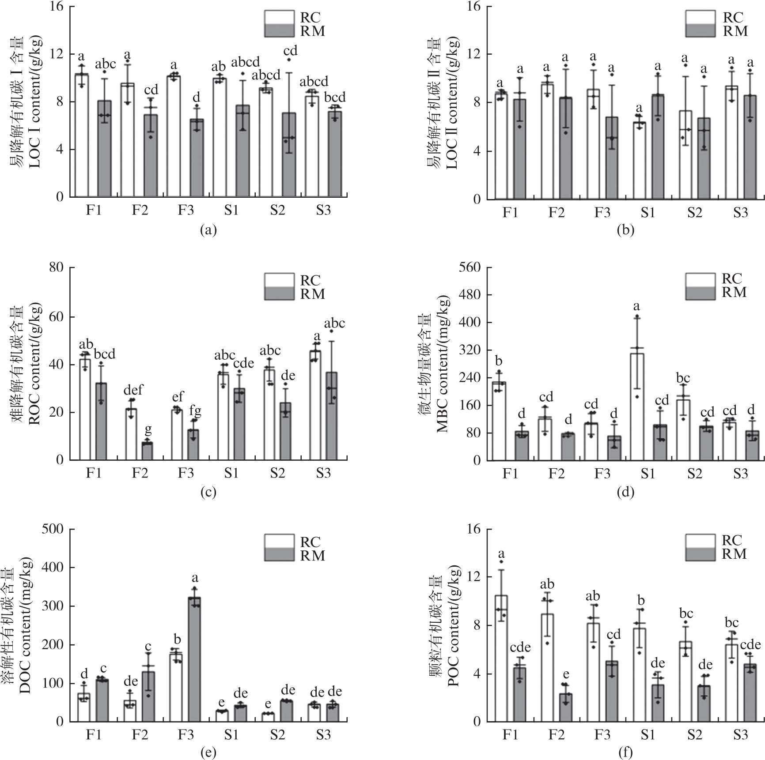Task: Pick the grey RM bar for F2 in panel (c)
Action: click(x=147, y=451)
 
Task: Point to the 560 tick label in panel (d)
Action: click(x=471, y=267)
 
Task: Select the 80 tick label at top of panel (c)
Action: click(x=57, y=267)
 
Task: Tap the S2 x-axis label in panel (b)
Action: click(x=694, y=213)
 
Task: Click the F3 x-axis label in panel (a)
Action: click(x=186, y=211)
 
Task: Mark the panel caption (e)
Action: click(x=208, y=752)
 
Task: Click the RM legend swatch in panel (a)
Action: click(x=279, y=31)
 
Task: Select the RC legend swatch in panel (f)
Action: click(x=700, y=541)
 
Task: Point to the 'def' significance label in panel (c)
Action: click(x=133, y=390)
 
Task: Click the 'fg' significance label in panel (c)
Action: click(x=195, y=411)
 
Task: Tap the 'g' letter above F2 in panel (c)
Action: click(x=148, y=429)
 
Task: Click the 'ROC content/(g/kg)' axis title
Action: click(x=34, y=364)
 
